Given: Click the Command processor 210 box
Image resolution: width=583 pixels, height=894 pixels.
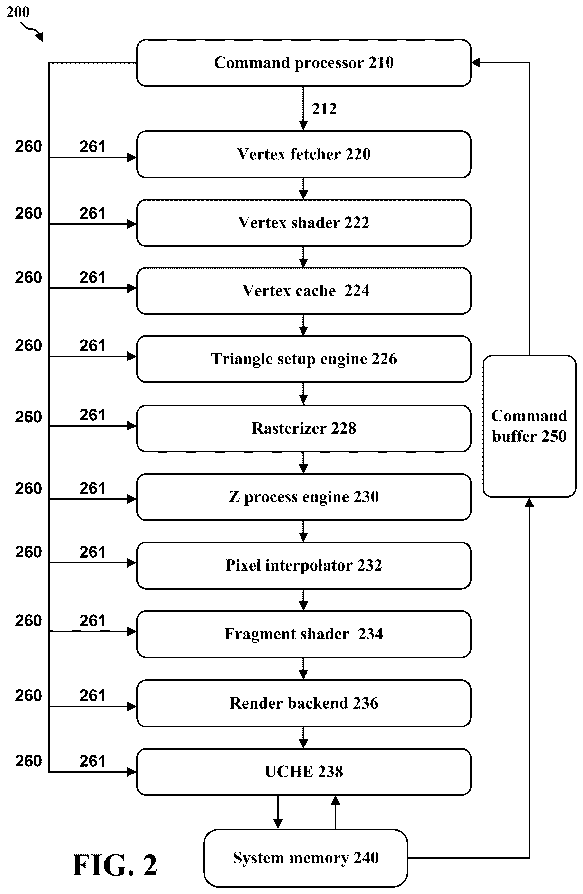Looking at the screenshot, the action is (x=303, y=63).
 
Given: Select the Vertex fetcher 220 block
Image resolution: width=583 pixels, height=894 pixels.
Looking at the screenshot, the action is (x=303, y=154).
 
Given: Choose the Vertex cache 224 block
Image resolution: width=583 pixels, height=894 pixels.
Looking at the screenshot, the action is (x=303, y=291).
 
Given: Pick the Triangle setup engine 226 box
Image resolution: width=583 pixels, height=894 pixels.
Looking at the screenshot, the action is (x=303, y=359).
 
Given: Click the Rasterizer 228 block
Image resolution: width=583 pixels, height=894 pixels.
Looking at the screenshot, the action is (x=303, y=428).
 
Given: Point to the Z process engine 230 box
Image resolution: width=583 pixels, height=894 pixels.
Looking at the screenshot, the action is (x=303, y=497).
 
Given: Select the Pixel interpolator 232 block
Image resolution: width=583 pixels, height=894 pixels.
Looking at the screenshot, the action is (x=303, y=565).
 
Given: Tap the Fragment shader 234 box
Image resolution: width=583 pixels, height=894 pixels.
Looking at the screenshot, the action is (x=303, y=634).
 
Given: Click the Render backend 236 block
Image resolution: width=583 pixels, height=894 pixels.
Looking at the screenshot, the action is (x=303, y=703).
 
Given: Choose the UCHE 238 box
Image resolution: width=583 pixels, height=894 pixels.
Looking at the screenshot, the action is (x=303, y=772).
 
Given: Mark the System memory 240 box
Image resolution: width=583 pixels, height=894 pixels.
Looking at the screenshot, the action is (x=306, y=858).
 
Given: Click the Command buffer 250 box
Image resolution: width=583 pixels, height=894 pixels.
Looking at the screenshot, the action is (x=529, y=426).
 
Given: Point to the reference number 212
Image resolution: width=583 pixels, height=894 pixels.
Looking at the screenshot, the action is (x=324, y=109).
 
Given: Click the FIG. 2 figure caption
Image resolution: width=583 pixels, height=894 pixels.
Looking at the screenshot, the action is (x=115, y=865).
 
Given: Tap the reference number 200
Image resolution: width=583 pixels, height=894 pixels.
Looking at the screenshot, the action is (x=18, y=12).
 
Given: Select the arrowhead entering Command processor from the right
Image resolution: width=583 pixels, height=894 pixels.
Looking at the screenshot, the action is (x=475, y=63).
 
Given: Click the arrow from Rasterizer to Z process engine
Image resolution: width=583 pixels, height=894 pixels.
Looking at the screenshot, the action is (x=303, y=463).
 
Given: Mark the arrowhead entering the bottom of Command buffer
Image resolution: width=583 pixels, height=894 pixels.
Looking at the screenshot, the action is (x=529, y=502).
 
